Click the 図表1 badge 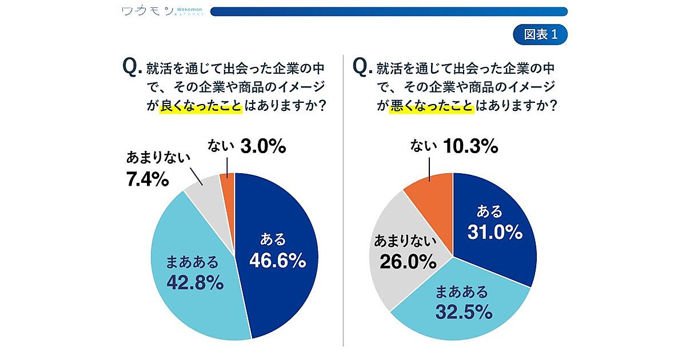(x=540, y=34)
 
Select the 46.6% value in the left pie (x=277, y=261)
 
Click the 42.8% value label (x=194, y=282)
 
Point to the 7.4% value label (x=147, y=181)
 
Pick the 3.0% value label (x=262, y=147)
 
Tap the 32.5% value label (x=464, y=312)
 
